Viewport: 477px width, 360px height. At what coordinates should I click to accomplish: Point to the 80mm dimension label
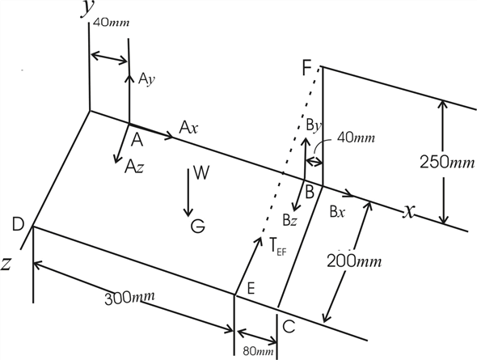point(255,351)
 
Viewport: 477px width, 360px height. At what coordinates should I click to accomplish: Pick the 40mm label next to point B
point(356,138)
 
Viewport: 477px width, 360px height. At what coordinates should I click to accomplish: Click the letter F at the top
point(307,67)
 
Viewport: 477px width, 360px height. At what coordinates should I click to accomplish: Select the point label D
point(18,222)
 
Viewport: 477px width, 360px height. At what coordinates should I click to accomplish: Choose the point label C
point(289,326)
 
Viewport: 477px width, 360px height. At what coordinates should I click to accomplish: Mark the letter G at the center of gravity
point(197,227)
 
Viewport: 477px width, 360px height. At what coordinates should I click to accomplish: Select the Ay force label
point(146,79)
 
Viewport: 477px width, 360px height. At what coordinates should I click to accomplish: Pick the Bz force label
point(289,218)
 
